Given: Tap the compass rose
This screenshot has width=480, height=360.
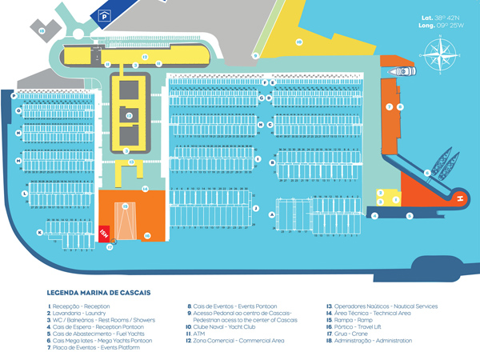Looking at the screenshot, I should pyautogui.click(x=438, y=57).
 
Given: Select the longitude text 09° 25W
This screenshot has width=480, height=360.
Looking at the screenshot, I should pyautogui.click(x=438, y=26).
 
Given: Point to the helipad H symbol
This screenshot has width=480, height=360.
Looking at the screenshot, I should pyautogui.click(x=460, y=198).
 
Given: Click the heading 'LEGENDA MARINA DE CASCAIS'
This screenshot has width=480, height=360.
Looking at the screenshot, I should pyautogui.click(x=99, y=293).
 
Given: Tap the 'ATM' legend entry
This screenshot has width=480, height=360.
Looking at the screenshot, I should pyautogui.click(x=198, y=334).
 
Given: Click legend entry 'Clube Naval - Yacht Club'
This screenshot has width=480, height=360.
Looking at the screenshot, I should pyautogui.click(x=222, y=326).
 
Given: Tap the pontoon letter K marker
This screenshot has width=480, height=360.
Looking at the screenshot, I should pyautogui.click(x=39, y=232).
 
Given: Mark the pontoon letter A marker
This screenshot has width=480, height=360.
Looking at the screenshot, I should pyautogui.click(x=273, y=215).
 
